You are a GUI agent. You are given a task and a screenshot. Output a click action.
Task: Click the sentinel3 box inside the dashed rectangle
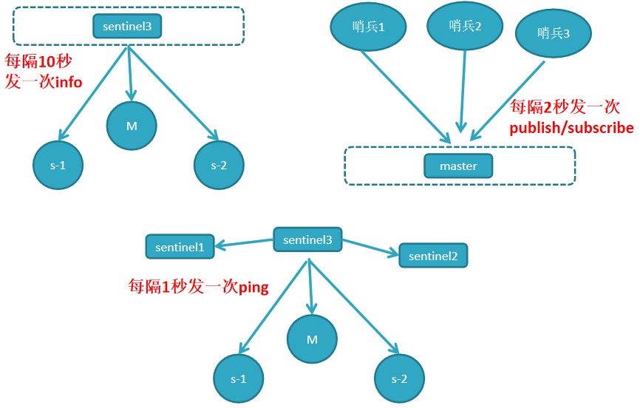(127, 27)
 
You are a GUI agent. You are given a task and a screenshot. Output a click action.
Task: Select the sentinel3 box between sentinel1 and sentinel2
(307, 239)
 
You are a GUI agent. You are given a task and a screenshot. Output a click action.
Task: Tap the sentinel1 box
(180, 247)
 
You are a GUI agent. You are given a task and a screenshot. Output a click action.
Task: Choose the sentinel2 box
(433, 256)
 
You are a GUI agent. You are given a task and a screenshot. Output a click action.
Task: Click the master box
(458, 166)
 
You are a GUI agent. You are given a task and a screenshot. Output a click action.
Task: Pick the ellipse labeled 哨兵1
(369, 27)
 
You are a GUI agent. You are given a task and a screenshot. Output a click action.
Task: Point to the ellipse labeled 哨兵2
(465, 26)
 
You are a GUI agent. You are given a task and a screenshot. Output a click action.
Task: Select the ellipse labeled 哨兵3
(554, 33)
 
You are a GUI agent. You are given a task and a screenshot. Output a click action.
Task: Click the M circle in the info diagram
(132, 126)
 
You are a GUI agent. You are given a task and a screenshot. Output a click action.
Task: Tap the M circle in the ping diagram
(312, 340)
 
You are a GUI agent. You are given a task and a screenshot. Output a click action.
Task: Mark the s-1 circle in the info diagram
(58, 165)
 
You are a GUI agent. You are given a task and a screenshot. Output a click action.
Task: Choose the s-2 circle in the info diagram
(219, 165)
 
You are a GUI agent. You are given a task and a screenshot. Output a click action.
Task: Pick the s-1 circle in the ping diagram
(238, 378)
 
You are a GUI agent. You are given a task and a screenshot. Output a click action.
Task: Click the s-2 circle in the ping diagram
(399, 378)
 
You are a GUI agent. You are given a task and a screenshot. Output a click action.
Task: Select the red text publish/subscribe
(571, 128)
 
